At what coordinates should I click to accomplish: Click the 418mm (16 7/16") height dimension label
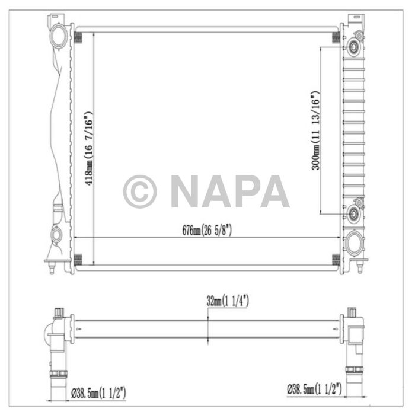88,148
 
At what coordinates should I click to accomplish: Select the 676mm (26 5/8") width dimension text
207,231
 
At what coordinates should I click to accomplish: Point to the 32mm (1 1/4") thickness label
224,302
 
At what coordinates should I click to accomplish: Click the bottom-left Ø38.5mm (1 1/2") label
98,392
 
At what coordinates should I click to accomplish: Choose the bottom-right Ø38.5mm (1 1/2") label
315,389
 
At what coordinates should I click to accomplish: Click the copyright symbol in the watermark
140,191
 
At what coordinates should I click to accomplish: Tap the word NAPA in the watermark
230,191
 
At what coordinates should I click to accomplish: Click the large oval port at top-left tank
59,37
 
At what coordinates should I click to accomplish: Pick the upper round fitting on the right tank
355,46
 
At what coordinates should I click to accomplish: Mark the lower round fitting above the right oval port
355,212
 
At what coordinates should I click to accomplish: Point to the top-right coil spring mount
336,36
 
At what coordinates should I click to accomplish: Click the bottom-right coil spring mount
336,259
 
